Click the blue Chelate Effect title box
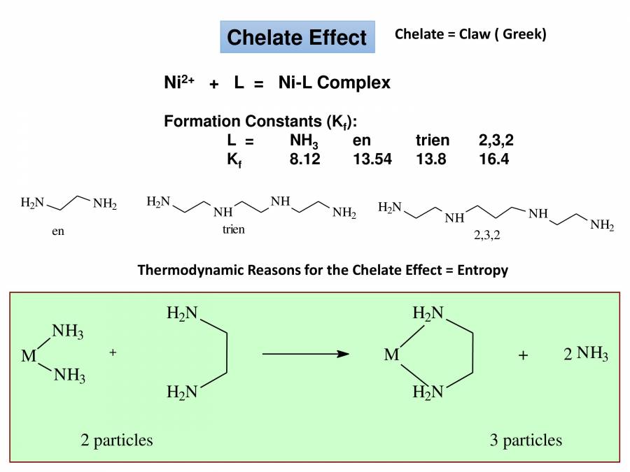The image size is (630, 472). tap(297, 37)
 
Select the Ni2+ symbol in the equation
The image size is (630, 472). tap(179, 83)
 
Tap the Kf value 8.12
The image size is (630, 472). tap(304, 159)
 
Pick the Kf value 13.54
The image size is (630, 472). tap(372, 159)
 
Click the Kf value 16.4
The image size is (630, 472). tap(493, 159)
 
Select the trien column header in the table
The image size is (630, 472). tap(432, 141)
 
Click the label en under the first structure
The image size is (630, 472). tap(57, 231)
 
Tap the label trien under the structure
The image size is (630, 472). tap(233, 229)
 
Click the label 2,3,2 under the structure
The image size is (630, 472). tap(487, 236)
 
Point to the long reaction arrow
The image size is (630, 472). tap(305, 355)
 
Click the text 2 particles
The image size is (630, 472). tap(117, 440)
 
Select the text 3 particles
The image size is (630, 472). tap(526, 440)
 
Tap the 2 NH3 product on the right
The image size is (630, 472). tap(586, 355)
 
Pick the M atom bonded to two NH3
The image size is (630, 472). tap(29, 356)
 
